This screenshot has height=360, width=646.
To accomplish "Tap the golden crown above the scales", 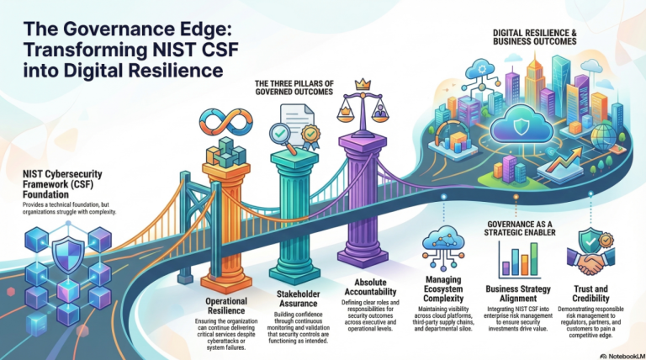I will (363, 84).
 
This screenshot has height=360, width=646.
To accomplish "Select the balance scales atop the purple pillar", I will (363, 109).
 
